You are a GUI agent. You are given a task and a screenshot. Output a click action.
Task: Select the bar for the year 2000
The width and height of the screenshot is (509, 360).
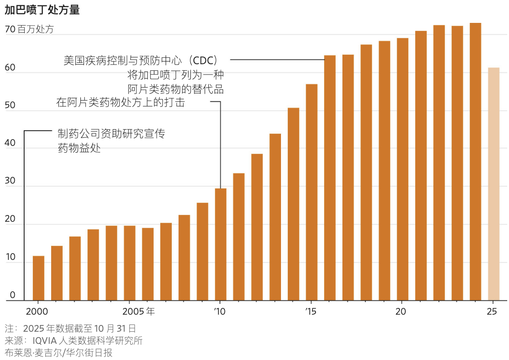coord(39,278)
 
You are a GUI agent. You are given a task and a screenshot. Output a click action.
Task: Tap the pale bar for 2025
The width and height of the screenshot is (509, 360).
coord(493,184)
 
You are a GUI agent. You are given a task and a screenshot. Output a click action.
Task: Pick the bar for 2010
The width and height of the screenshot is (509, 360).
coord(220,245)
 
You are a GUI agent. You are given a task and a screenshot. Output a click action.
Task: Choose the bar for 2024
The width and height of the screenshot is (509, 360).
coord(475,162)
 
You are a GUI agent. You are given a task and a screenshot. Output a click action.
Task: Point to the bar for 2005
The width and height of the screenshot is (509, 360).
coord(130,263)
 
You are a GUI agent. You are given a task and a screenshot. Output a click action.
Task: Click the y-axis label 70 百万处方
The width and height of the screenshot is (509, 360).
coord(29,30)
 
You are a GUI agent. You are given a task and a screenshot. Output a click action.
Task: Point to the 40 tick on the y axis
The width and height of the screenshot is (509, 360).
coord(10,144)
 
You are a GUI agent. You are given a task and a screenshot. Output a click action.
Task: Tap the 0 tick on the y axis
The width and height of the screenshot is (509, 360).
coord(13,295)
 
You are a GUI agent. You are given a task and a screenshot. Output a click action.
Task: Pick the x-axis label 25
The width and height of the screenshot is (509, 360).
coord(492,312)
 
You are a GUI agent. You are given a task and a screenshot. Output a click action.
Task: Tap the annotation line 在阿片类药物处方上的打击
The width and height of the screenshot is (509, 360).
coord(121,102)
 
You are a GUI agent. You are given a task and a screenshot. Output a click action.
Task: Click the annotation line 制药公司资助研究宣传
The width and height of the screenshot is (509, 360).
coord(111,133)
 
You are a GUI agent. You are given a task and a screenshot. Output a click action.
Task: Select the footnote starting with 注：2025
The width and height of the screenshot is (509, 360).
coord(70,328)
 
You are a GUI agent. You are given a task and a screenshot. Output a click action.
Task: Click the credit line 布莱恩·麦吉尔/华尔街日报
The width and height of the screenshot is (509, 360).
coord(58,352)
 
